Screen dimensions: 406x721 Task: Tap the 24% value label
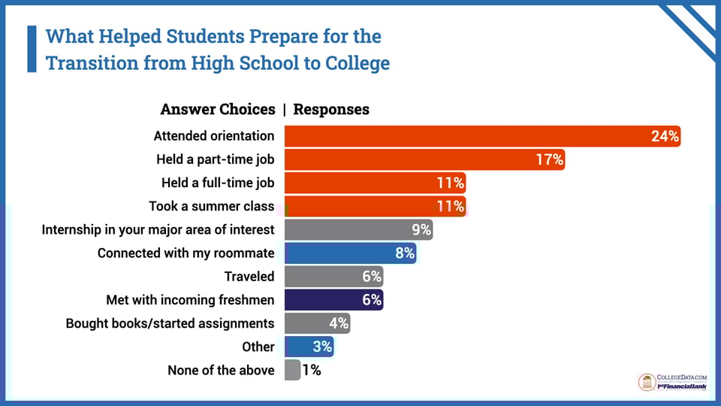click(665, 136)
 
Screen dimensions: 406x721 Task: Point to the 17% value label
click(549, 159)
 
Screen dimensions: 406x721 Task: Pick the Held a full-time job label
click(218, 183)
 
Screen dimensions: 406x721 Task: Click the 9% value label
click(421, 229)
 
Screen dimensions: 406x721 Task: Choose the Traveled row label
click(249, 276)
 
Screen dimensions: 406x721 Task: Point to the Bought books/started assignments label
click(170, 323)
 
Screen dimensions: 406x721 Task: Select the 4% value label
click(338, 323)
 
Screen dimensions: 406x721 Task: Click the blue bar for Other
click(299, 347)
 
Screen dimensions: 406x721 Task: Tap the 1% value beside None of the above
click(312, 370)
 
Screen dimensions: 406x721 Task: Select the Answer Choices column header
click(218, 110)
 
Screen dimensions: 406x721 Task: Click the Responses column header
click(331, 110)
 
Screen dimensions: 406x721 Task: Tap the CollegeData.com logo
click(672, 382)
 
